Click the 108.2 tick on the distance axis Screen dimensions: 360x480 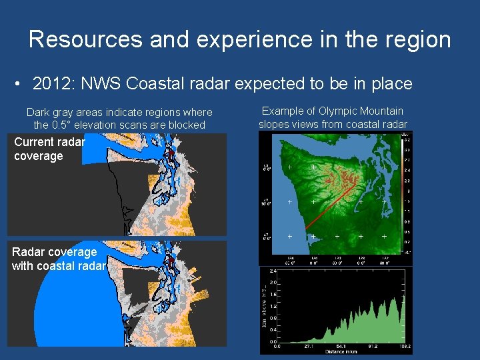pyautogui.click(x=404, y=347)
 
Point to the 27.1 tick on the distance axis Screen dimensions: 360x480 pyautogui.click(x=309, y=347)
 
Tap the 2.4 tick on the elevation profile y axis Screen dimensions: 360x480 pyautogui.click(x=272, y=271)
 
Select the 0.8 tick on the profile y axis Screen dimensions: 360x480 pyautogui.click(x=272, y=318)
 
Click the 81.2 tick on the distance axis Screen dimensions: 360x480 pyautogui.click(x=373, y=347)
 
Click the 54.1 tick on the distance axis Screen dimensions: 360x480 pyautogui.click(x=341, y=347)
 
